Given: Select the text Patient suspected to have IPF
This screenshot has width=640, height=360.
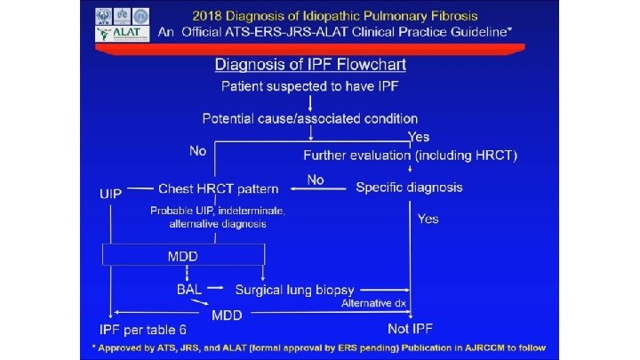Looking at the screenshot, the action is [x=309, y=87].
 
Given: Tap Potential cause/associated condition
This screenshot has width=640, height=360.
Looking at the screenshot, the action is [x=309, y=118].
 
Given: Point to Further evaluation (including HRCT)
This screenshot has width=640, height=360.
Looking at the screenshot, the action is [x=410, y=156].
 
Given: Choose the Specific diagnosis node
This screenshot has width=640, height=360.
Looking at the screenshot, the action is [x=409, y=188].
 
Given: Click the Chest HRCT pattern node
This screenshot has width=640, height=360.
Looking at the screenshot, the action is [x=218, y=188].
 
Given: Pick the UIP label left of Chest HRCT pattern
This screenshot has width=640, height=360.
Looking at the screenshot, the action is [x=111, y=190].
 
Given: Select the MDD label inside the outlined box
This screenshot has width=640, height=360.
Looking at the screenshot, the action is [x=183, y=256].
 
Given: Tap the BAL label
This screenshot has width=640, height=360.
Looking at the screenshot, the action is [x=188, y=290].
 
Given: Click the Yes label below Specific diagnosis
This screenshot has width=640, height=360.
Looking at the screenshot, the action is [x=428, y=219].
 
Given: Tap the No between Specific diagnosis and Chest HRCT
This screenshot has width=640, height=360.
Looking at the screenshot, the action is [x=315, y=180].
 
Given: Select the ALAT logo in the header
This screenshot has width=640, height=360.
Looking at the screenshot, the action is [x=115, y=34].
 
